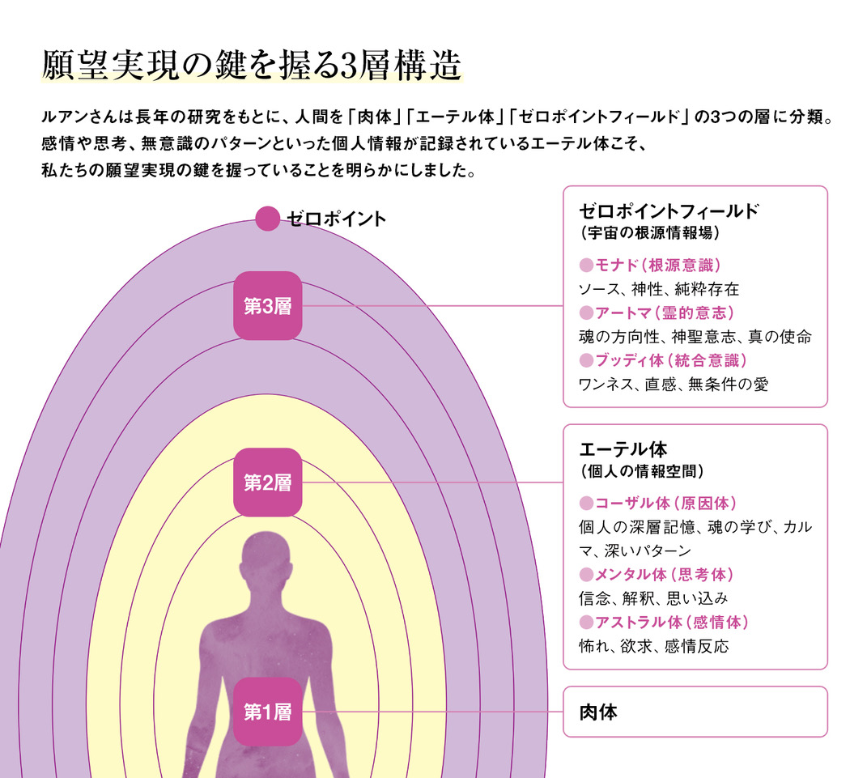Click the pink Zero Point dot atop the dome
click(x=268, y=219)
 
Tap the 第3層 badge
click(x=268, y=306)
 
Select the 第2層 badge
click(x=268, y=483)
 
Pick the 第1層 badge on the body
click(x=268, y=712)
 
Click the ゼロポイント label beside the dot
click(x=336, y=219)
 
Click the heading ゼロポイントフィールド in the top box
click(x=669, y=210)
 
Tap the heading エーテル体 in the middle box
click(x=623, y=449)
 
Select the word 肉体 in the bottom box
click(x=598, y=712)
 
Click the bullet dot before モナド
click(x=586, y=266)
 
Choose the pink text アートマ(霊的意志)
click(x=665, y=313)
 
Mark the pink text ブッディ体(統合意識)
click(x=671, y=360)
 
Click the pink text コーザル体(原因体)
click(x=665, y=504)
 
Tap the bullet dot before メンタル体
click(x=586, y=575)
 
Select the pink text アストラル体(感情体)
click(x=672, y=622)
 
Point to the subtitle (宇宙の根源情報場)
click(x=650, y=233)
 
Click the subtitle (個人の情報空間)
click(x=642, y=471)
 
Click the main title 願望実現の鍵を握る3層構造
click(x=252, y=66)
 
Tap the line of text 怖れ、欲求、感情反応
click(x=653, y=646)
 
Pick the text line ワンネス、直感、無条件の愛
click(x=674, y=385)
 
